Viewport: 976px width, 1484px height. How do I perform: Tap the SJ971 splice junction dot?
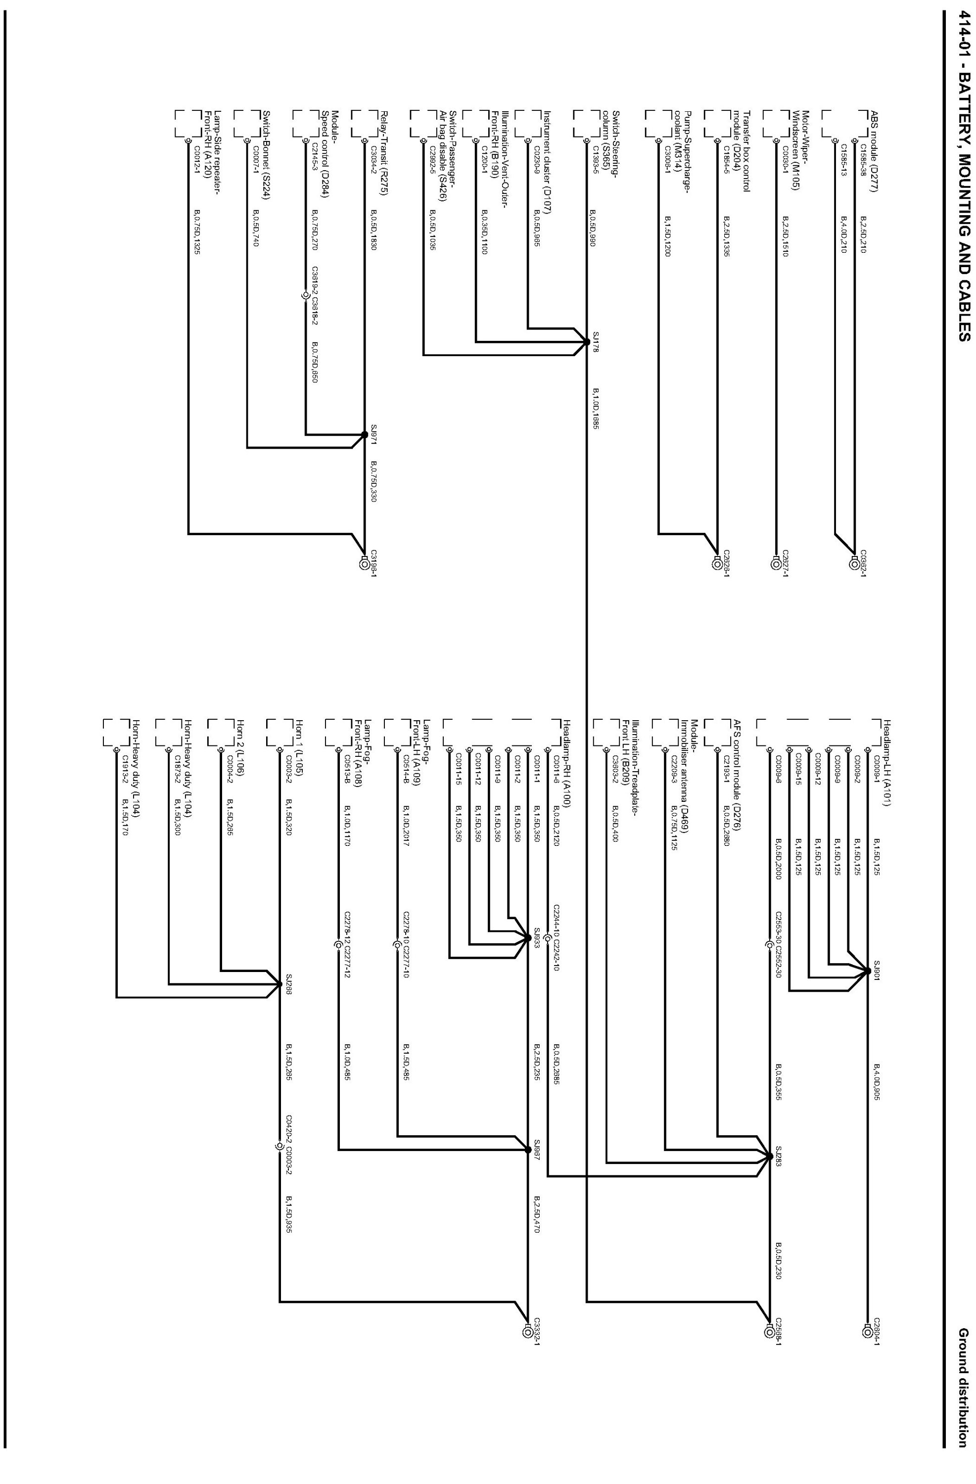click(364, 434)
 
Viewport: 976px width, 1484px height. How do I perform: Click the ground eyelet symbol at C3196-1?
click(364, 564)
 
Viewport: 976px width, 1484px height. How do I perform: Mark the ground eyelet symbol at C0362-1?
click(854, 564)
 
